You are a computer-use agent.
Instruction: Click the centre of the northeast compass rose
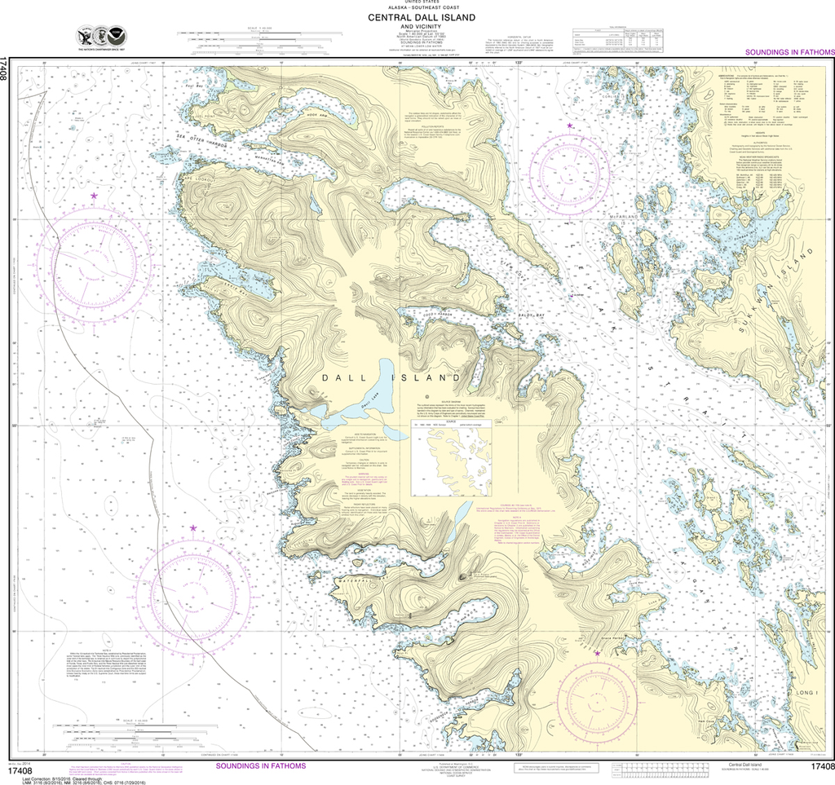point(569,171)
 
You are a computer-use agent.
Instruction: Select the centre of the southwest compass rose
point(192,590)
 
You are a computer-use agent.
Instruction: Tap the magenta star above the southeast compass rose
point(597,653)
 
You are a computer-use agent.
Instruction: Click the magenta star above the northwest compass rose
point(94,196)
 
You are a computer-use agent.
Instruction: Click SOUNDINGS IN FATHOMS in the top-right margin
point(789,52)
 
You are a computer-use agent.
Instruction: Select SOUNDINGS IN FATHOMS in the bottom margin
point(260,766)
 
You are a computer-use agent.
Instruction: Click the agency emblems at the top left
point(101,37)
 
